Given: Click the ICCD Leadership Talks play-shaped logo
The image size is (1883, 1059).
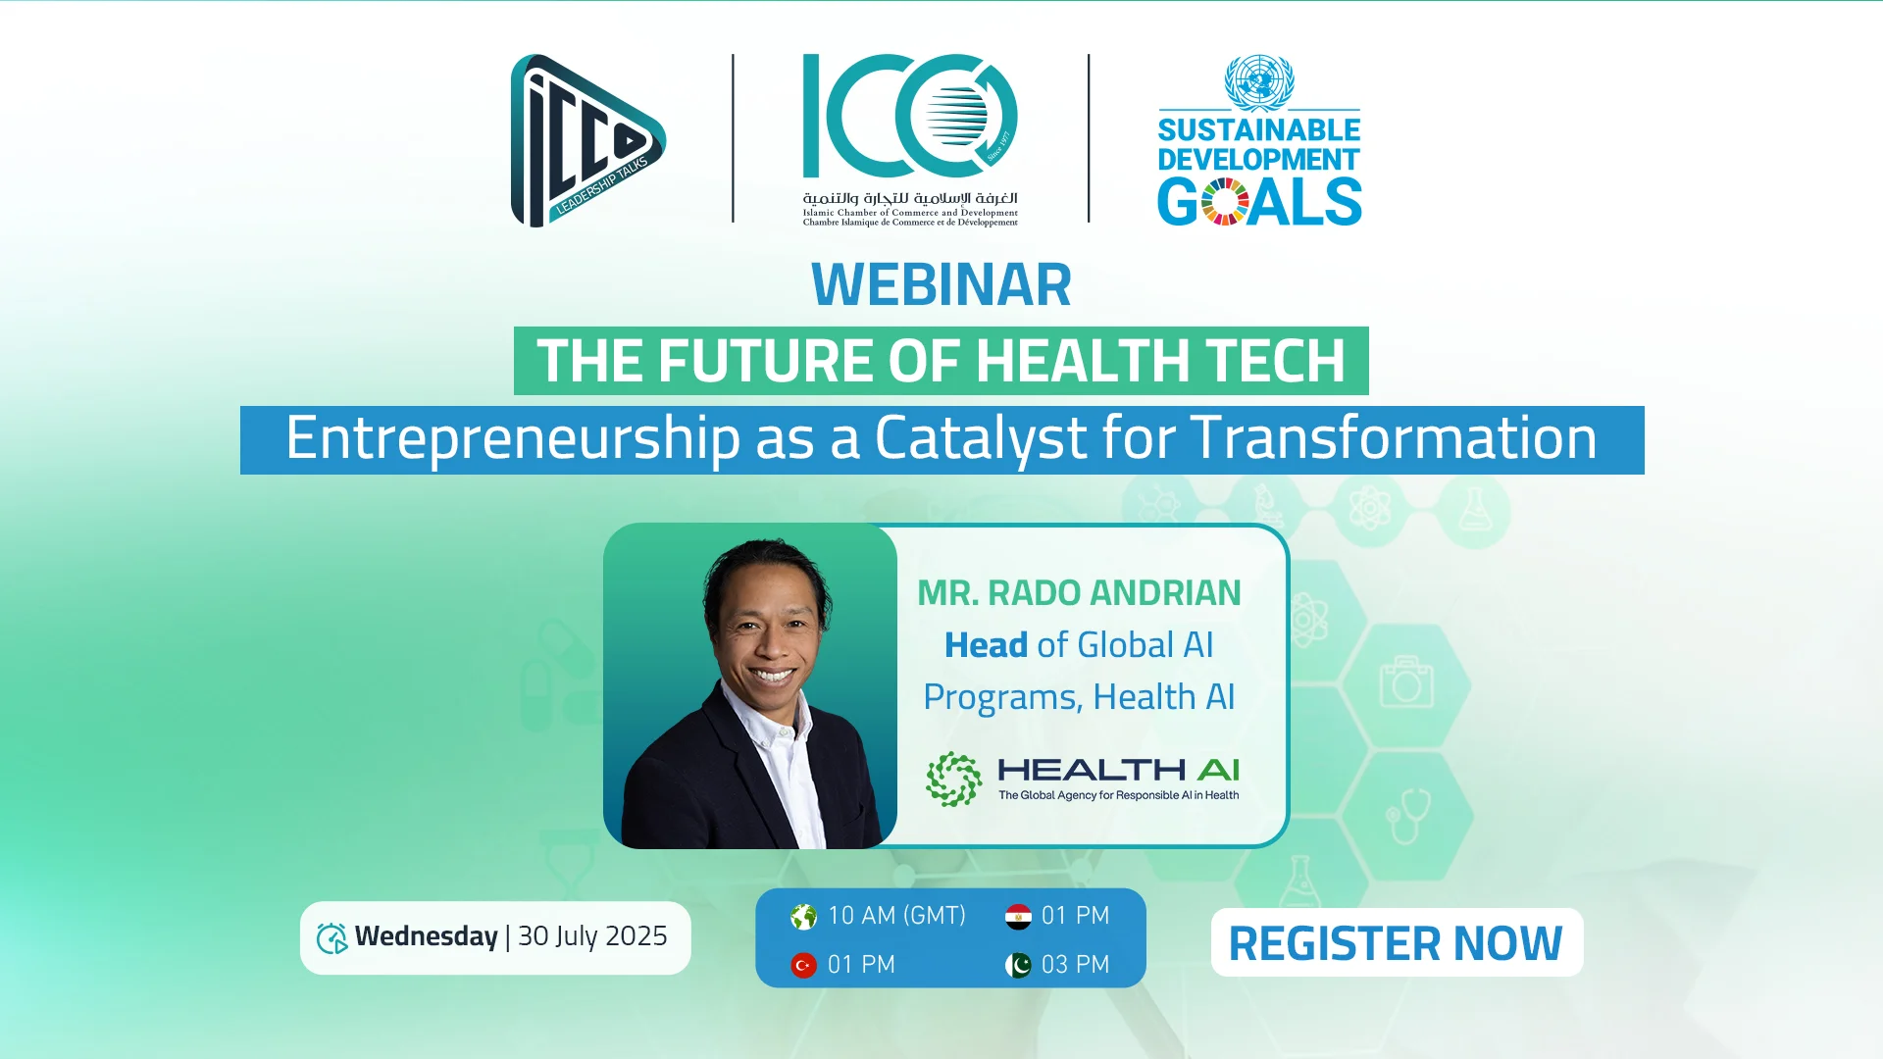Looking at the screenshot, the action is coord(586,140).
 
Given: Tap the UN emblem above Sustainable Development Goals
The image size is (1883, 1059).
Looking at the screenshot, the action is coord(1259,82).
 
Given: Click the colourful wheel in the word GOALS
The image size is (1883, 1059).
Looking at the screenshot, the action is coord(1225,202).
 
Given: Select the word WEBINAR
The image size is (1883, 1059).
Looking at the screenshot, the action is coord(941,284).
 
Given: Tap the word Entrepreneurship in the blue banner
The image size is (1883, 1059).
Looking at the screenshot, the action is coord(513,438).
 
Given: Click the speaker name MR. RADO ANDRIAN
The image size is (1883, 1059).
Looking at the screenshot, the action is coord(1079,593).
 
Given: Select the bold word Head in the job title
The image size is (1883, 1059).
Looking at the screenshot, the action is coord(986,645).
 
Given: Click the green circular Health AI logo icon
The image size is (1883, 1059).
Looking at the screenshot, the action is coord(953,780).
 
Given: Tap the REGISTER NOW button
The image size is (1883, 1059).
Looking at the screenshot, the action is coord(1397,942).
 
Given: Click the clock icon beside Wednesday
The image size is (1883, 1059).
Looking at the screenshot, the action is coord(331,938).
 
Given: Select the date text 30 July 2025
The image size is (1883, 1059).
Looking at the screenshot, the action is coord(592,936).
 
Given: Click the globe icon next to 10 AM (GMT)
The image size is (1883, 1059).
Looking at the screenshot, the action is coord(803,917).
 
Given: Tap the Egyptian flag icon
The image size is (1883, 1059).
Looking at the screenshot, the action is coord(1018,917).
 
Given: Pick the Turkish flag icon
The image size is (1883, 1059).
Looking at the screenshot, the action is coord(803,966).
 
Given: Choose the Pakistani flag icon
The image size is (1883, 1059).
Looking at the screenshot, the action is coord(1018,966).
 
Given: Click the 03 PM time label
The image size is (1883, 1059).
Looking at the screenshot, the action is coord(1075,965).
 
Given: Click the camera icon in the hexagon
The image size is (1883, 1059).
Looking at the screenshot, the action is coord(1406,681).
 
